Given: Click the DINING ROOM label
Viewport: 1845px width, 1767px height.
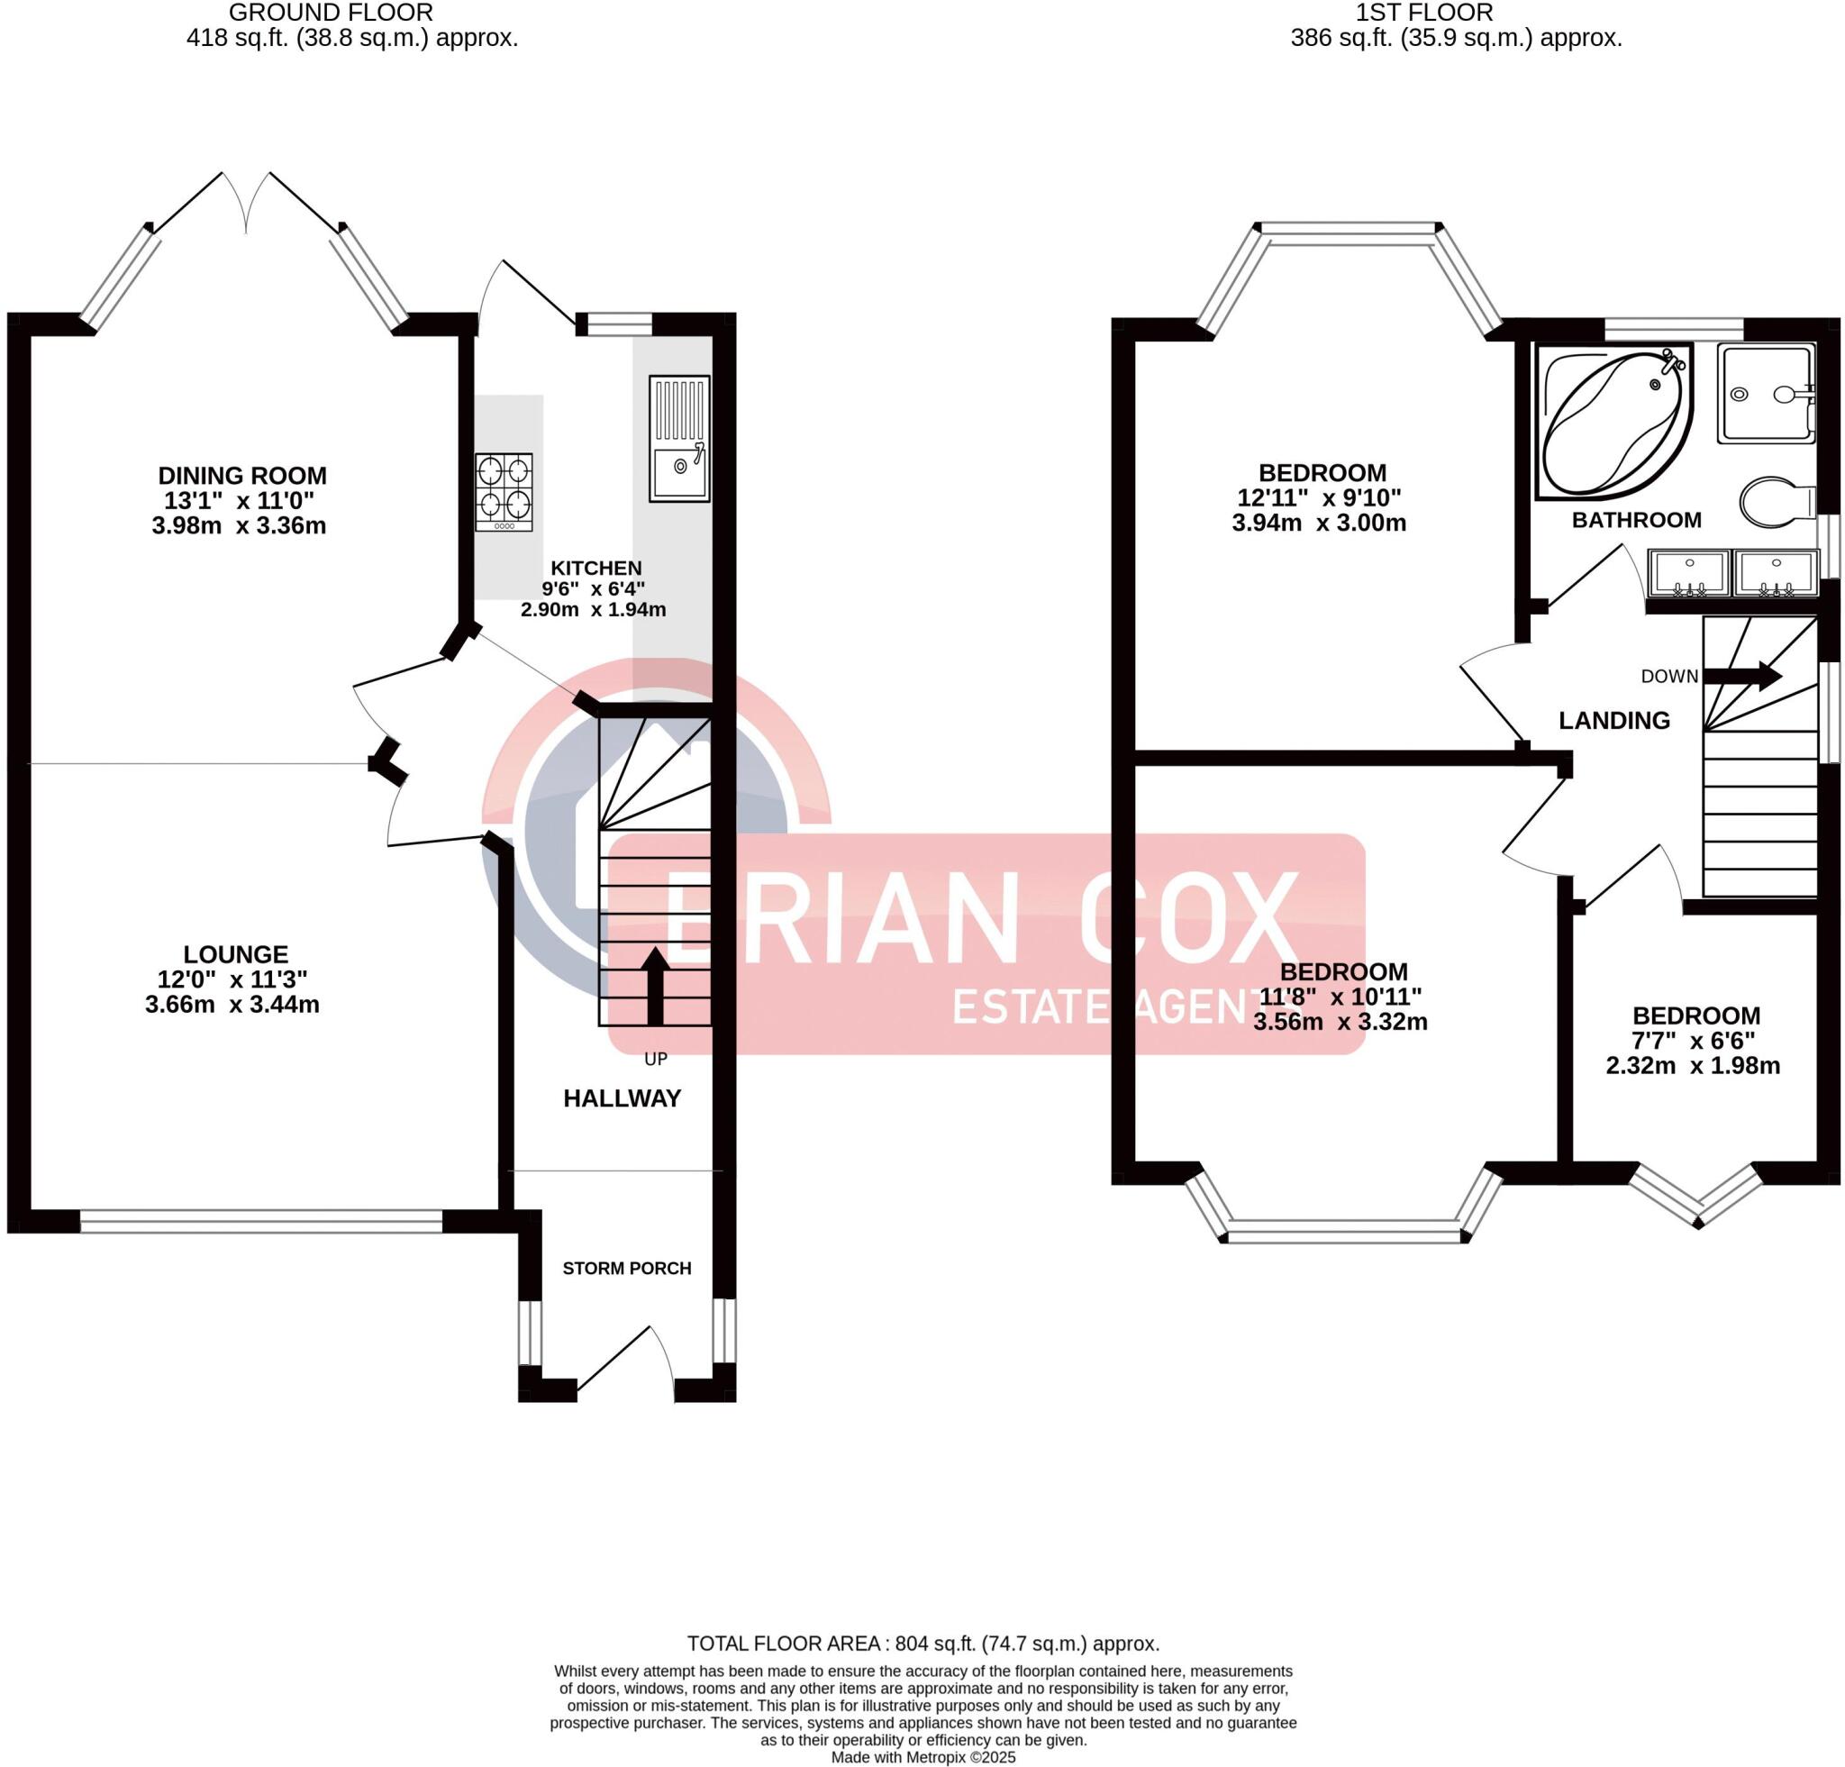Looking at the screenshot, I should (x=242, y=476).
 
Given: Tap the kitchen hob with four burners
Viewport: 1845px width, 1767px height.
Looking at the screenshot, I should (x=504, y=491).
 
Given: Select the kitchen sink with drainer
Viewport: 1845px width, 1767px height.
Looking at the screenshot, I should (x=678, y=438).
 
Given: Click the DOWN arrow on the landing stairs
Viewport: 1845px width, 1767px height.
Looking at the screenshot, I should (x=1742, y=675).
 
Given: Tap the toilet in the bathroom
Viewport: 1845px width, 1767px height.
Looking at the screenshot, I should (x=1777, y=501).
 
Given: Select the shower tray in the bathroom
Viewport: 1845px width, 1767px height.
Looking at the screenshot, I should (x=1765, y=394).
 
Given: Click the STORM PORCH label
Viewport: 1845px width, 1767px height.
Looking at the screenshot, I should (x=627, y=1268).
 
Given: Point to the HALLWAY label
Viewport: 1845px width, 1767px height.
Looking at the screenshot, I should (x=623, y=1098).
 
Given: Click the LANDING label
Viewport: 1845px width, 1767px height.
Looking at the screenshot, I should (x=1614, y=720).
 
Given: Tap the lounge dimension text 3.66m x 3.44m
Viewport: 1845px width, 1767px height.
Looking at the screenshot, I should (x=232, y=1005).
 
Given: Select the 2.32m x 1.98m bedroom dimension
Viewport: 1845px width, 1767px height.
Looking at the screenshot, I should (x=1693, y=1066).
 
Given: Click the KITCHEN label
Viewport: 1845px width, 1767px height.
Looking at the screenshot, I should (x=595, y=568).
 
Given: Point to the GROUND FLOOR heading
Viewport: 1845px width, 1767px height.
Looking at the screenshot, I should (x=332, y=14).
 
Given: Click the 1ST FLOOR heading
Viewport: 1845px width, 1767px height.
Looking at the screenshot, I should (x=1423, y=14).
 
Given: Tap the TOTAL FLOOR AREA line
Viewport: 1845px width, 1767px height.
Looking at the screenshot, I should (x=922, y=1644).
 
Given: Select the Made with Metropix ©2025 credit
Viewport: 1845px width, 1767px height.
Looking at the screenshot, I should (x=922, y=1757).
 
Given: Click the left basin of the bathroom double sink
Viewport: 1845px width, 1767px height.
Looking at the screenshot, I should (x=1689, y=574).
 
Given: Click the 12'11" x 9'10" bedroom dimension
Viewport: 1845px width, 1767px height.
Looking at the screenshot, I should (x=1319, y=497).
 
